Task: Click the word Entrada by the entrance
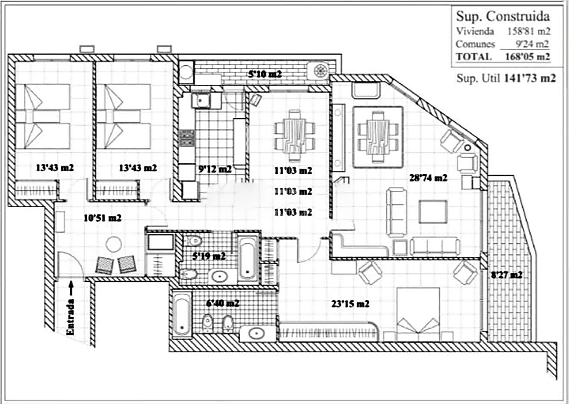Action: (70, 317)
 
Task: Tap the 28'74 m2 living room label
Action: (428, 178)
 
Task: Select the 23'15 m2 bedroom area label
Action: (350, 304)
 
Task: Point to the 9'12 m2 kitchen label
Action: (215, 169)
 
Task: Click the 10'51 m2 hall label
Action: (102, 218)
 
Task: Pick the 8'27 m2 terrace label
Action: (507, 275)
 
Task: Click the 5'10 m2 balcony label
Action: (265, 74)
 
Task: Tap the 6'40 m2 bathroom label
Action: (223, 303)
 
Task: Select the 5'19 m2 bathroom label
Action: (209, 256)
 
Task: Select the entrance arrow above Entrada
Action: (71, 288)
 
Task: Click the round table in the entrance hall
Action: (114, 245)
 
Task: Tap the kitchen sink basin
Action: (201, 101)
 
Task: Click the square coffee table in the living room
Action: (433, 212)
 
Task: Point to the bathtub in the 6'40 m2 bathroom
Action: (181, 315)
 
